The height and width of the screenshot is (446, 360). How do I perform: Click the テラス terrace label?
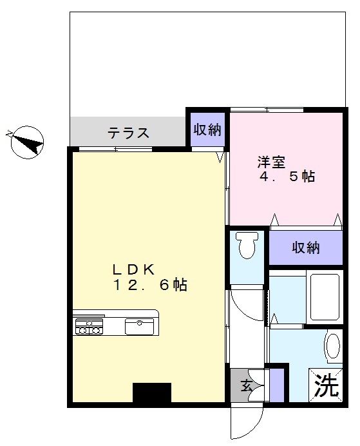pyautogui.click(x=128, y=133)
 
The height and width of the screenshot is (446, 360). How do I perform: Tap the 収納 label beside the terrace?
pyautogui.click(x=207, y=130)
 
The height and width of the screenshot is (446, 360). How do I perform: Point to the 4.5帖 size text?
pyautogui.click(x=287, y=177)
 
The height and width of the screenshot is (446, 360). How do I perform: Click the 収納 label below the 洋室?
pyautogui.click(x=305, y=247)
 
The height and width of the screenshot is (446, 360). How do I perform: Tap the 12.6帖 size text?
pyautogui.click(x=149, y=286)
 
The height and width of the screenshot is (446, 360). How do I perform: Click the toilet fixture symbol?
pyautogui.click(x=247, y=245)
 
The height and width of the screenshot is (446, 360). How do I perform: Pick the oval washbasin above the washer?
pyautogui.click(x=332, y=347)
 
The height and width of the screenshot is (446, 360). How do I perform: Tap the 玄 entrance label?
pyautogui.click(x=247, y=386)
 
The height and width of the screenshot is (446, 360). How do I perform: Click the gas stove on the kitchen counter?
pyautogui.click(x=89, y=327)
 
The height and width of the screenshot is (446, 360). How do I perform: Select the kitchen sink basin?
pyautogui.click(x=138, y=326)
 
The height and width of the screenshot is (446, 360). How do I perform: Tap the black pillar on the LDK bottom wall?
pyautogui.click(x=152, y=393)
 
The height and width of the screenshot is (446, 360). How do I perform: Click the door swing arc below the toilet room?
pyautogui.click(x=245, y=302)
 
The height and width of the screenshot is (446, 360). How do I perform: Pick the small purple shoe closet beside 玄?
pyautogui.click(x=276, y=385)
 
